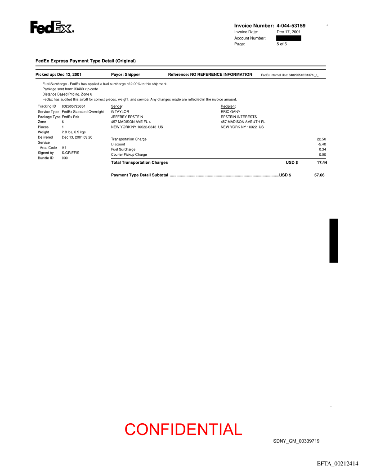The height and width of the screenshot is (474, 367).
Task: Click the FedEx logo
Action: pos(52,27)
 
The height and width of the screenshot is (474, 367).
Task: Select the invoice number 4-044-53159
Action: pos(291,26)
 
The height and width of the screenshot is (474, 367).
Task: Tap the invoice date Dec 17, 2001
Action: pos(288,32)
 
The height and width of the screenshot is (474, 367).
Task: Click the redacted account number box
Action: pos(288,38)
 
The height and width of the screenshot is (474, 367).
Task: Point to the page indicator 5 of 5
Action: pos(282,44)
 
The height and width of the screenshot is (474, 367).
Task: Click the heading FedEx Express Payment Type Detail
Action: pos(85,61)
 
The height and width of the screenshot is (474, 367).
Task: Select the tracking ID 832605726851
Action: pos(73,106)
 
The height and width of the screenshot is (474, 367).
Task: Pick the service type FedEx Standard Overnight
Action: pos(83,111)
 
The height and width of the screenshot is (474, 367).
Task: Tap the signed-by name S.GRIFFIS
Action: pos(70,153)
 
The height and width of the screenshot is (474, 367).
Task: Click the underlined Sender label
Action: pos(116,106)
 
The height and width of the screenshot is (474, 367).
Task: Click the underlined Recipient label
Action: pos(228,106)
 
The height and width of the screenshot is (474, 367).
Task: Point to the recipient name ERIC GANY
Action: pos(230,111)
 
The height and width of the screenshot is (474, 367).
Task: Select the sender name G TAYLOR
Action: pos(120,111)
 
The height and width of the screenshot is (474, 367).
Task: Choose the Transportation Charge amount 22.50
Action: pos(321,139)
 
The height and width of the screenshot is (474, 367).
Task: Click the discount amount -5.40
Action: pos(322,144)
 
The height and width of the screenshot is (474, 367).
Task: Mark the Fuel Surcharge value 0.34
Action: pos(322,149)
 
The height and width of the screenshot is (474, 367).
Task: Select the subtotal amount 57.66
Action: pos(319,175)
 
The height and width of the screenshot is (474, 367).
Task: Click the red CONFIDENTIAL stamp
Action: pos(183,430)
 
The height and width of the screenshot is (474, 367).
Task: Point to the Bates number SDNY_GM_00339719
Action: pos(296,441)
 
